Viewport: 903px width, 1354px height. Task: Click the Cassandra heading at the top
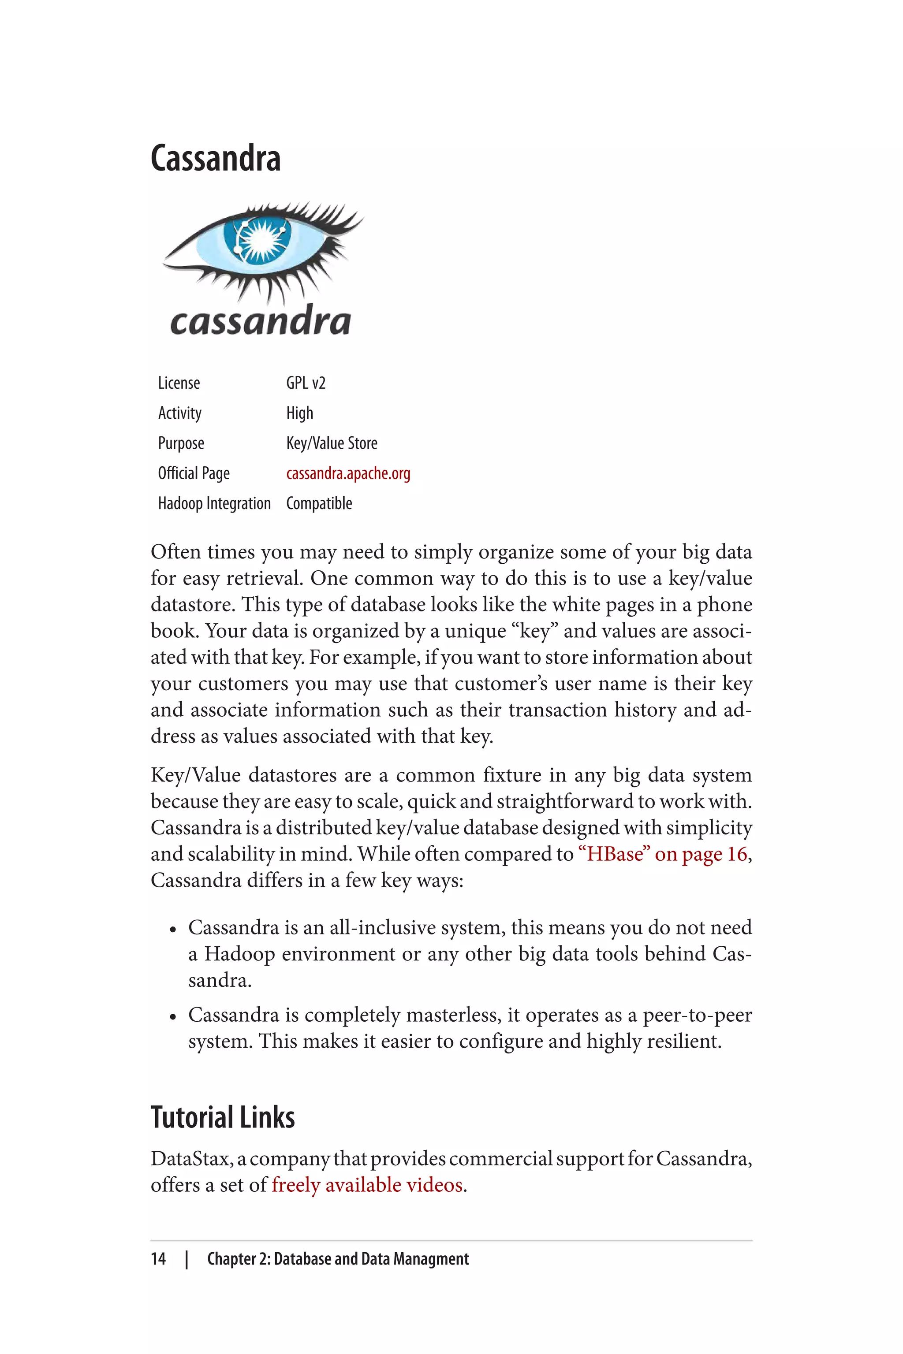215,158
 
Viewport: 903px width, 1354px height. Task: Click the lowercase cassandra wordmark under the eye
260,321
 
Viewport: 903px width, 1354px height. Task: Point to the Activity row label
180,413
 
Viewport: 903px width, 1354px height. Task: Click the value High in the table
299,413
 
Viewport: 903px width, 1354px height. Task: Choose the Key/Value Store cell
332,443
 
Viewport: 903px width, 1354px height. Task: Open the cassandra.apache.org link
348,473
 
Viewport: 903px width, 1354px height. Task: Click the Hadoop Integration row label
214,504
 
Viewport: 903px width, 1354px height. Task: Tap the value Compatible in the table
319,504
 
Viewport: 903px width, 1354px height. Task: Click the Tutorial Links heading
222,1117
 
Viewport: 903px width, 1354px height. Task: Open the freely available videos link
367,1185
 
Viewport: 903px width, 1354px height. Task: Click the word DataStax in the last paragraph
190,1159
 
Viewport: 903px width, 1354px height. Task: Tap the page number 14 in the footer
158,1259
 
